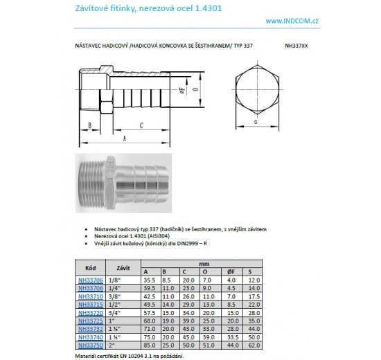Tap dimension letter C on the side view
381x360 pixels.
click(x=141, y=125)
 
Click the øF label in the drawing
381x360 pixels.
click(x=183, y=90)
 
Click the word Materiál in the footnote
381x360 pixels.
click(x=87, y=354)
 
